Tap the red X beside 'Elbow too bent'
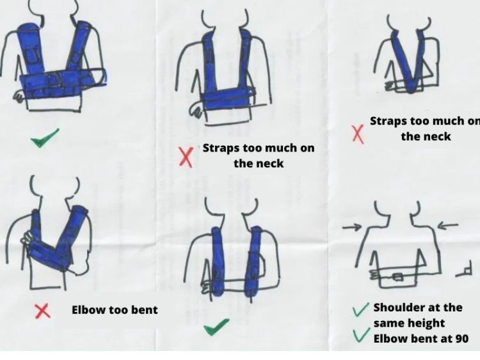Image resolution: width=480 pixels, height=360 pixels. [x=42, y=311]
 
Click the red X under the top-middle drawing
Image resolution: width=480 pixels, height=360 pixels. [x=186, y=157]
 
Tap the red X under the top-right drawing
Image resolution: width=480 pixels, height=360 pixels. [x=358, y=134]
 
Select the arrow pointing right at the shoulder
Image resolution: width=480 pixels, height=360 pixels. [x=352, y=227]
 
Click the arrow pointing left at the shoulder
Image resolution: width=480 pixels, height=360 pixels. [x=447, y=226]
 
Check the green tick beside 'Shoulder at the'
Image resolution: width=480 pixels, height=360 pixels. [x=360, y=310]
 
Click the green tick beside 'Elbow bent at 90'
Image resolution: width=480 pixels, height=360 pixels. [x=360, y=335]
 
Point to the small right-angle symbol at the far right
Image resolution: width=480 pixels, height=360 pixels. [x=465, y=269]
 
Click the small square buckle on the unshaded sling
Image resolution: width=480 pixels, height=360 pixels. [x=397, y=276]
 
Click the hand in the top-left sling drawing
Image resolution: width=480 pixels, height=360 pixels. [x=19, y=96]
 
